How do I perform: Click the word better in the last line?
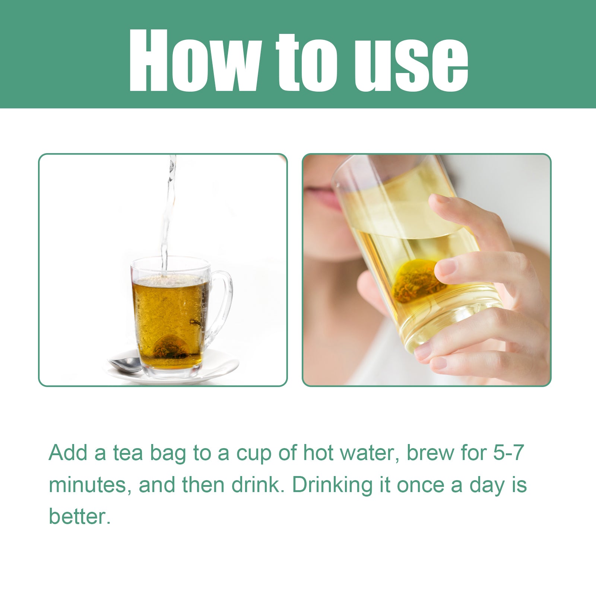[79, 517]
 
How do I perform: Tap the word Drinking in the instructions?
[332, 485]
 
